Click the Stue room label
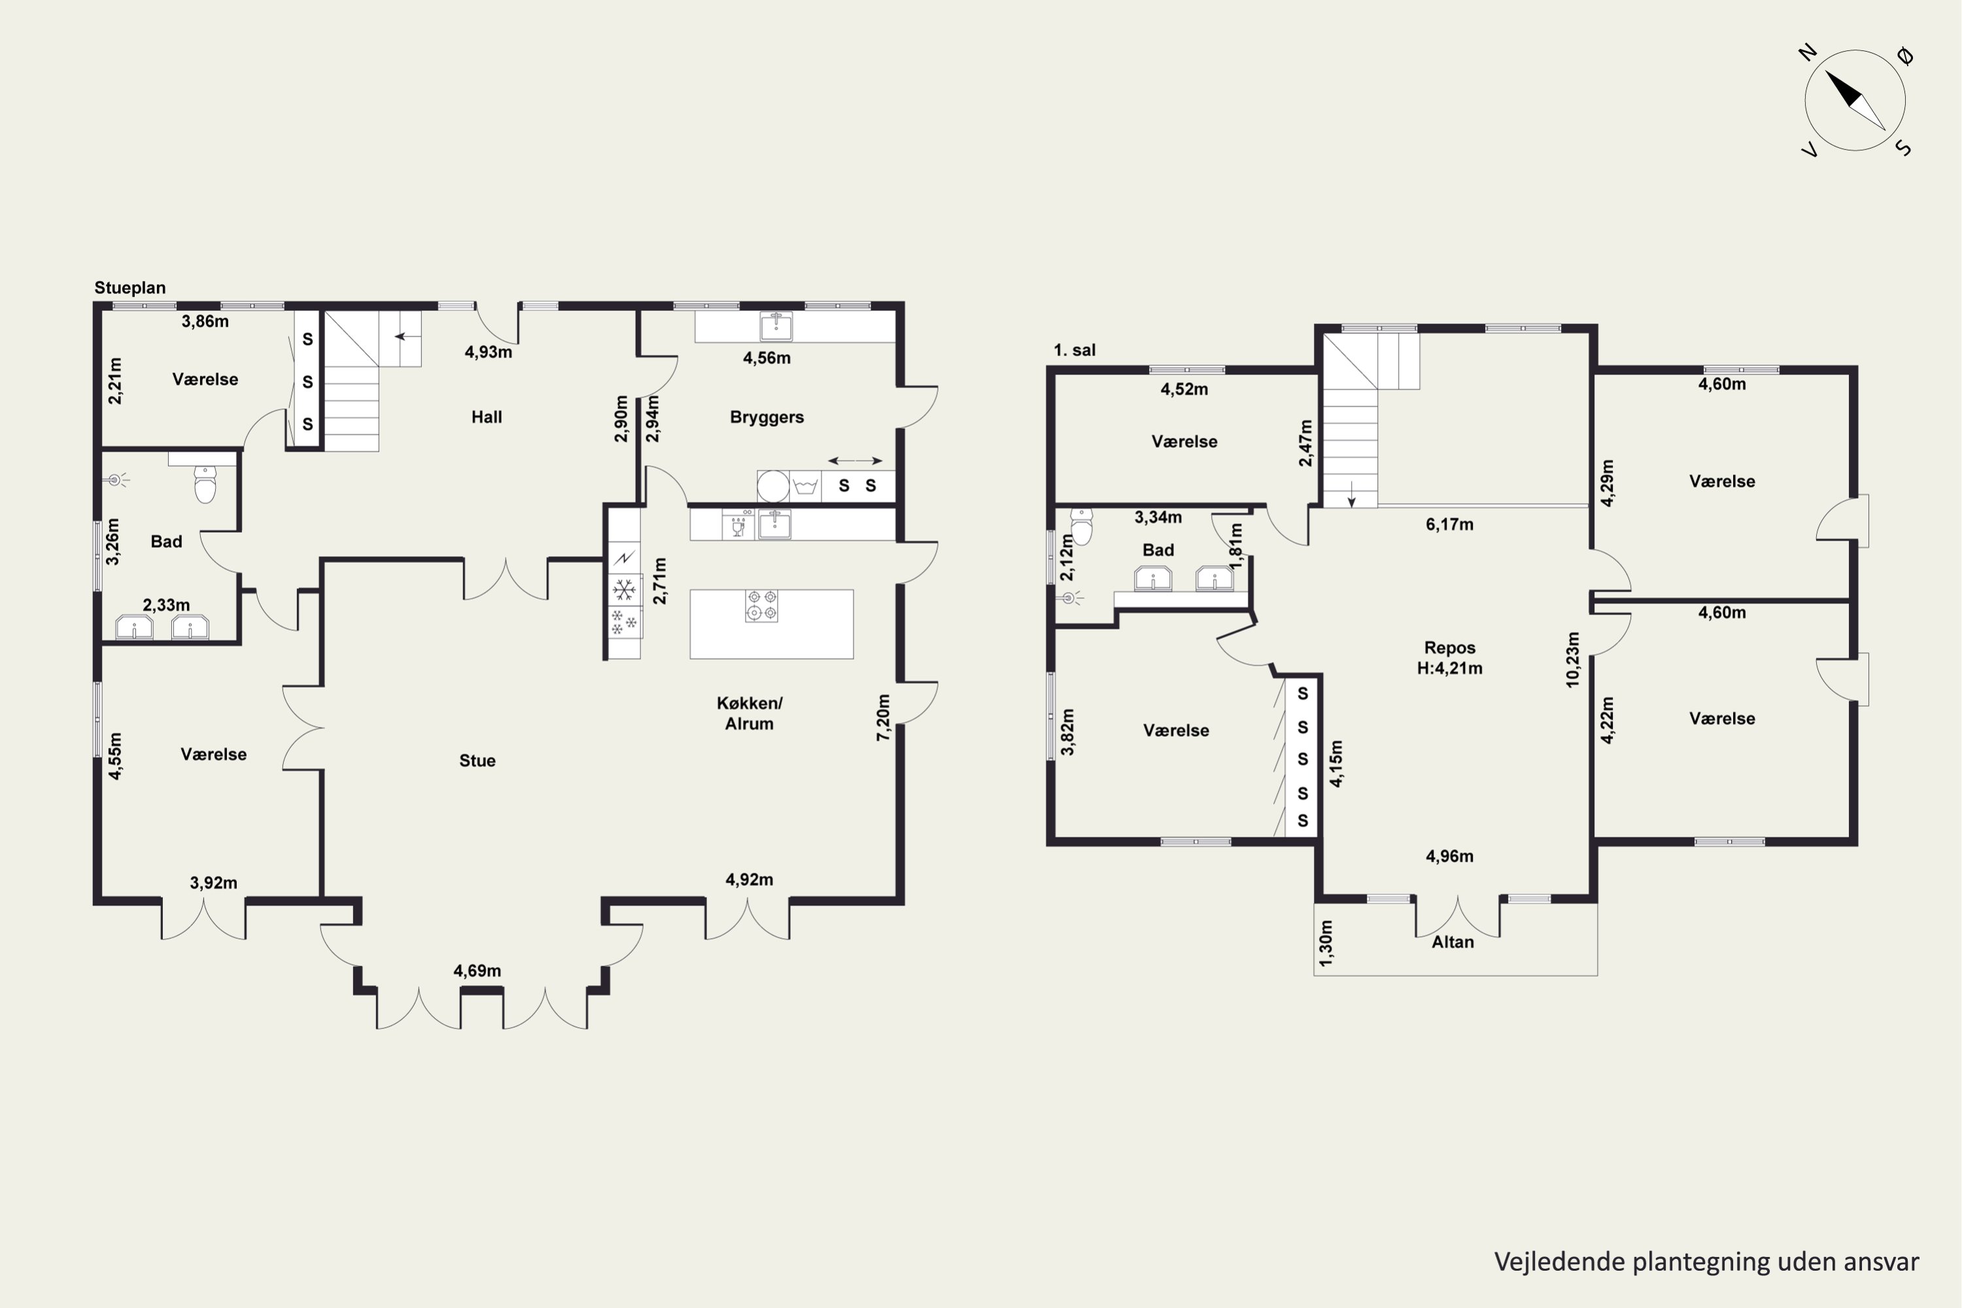477,761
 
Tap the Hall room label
487,417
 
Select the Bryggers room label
766,417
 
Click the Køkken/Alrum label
749,714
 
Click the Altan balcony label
1453,942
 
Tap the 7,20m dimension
884,717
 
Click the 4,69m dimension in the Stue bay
477,970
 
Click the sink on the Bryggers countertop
776,326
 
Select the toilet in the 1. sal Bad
1081,526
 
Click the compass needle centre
1855,101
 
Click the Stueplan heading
130,288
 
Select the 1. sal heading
1075,351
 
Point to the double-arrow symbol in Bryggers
855,460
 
